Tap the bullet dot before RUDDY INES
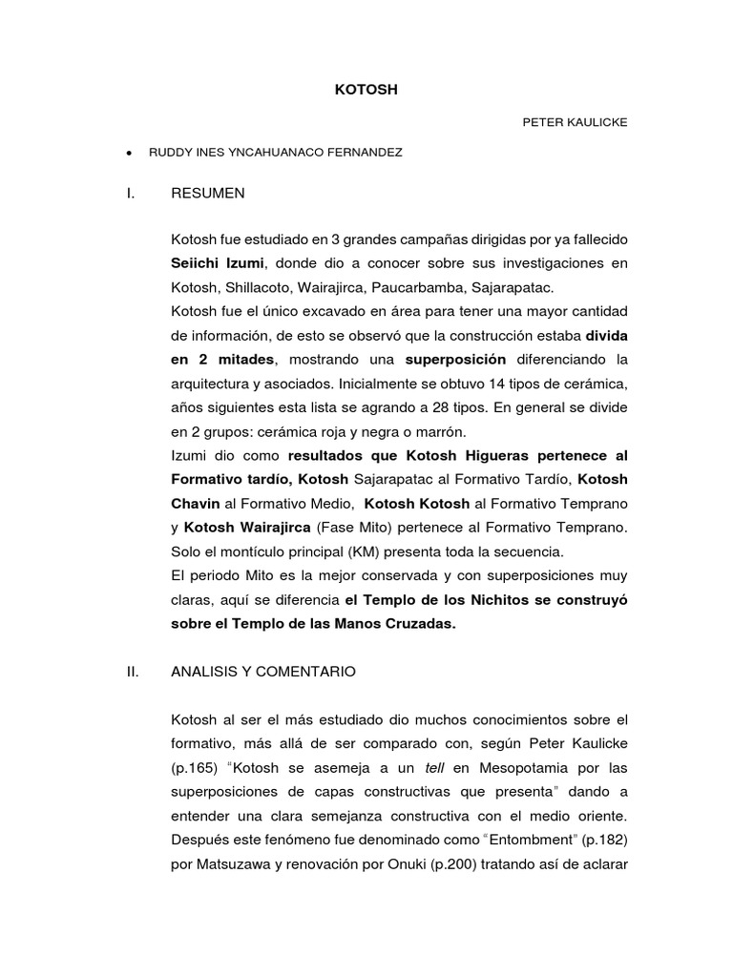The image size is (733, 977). click(128, 153)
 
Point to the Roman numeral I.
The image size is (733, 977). click(129, 193)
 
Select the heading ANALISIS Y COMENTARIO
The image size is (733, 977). click(262, 672)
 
